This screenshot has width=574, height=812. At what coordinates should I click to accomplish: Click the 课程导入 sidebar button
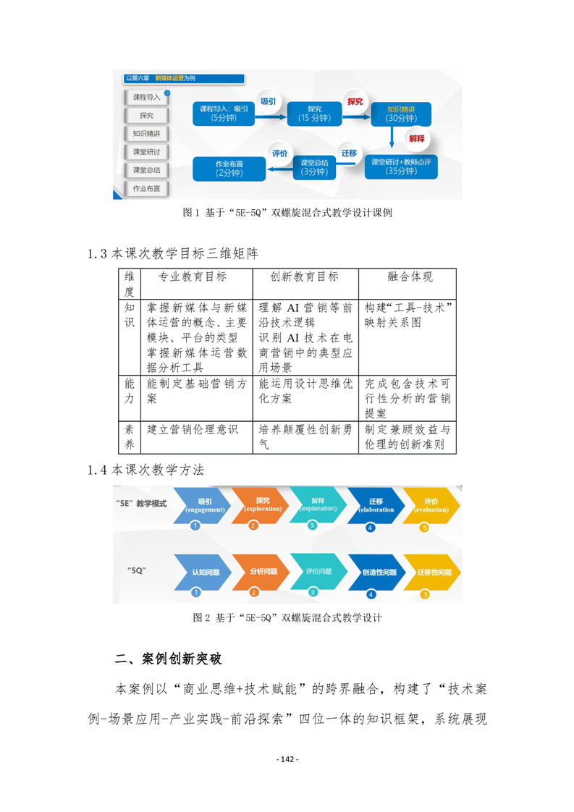coord(145,97)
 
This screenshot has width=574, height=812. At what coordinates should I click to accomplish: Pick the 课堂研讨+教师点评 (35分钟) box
coord(400,166)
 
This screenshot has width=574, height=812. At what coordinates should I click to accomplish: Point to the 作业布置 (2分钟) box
coord(229,168)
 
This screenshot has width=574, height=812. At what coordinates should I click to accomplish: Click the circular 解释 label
coord(416,137)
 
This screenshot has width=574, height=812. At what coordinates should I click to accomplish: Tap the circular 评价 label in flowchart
coord(279,153)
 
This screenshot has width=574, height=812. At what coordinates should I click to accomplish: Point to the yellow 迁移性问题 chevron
coord(433,572)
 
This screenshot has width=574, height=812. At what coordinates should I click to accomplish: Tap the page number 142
coord(287,759)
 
